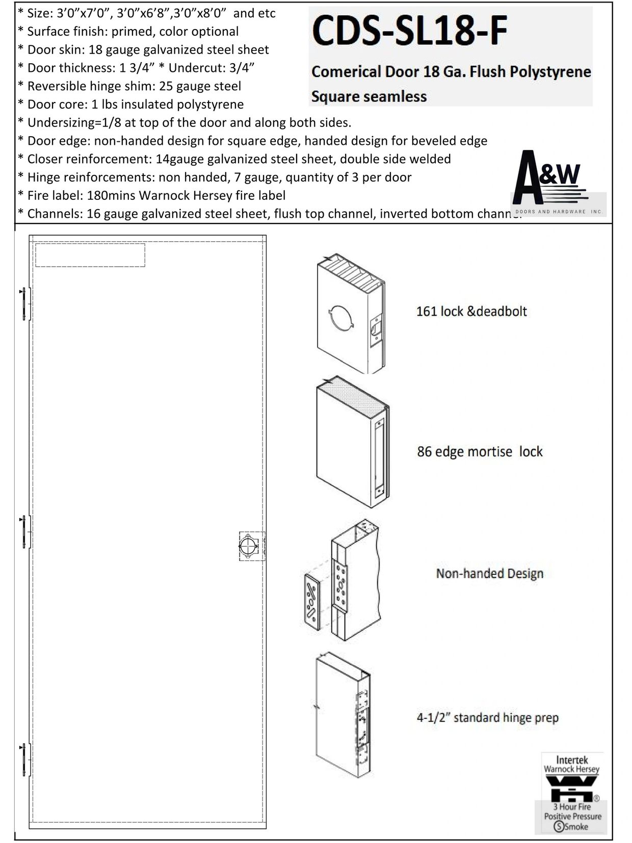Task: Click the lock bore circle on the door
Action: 248,546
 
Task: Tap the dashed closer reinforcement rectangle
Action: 90,255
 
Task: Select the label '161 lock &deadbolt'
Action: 471,312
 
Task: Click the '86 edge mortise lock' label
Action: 480,452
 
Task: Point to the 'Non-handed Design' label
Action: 489,574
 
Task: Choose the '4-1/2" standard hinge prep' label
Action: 487,718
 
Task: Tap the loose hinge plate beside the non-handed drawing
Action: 311,601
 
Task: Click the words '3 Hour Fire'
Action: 572,807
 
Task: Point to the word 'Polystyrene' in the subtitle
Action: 551,72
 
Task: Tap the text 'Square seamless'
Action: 369,96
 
